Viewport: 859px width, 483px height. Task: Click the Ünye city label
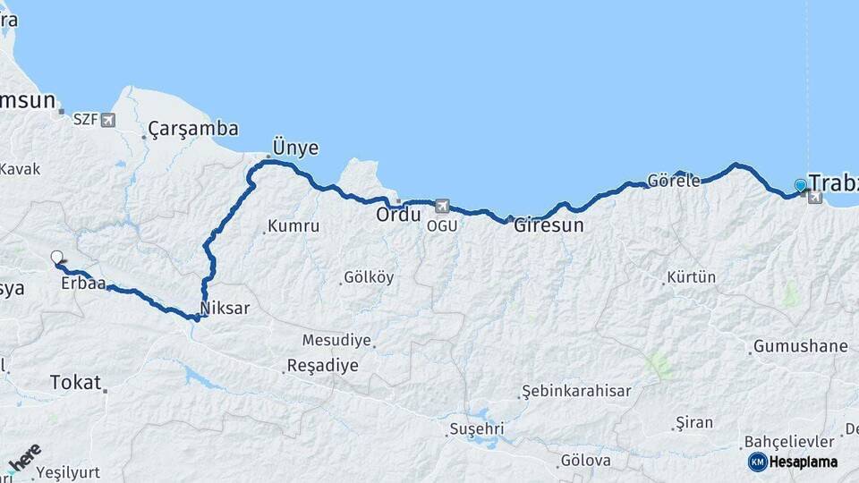[296, 148]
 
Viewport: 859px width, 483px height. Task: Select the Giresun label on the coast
[549, 226]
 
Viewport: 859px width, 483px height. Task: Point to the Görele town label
[674, 181]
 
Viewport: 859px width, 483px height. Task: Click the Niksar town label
[225, 309]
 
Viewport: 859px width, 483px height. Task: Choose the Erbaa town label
[84, 284]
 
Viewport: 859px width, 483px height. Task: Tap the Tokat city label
[75, 382]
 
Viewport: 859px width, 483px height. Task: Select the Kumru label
[293, 226]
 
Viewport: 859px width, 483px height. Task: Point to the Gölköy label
[369, 277]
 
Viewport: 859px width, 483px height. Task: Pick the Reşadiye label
[322, 366]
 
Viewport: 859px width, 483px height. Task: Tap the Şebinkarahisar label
[577, 391]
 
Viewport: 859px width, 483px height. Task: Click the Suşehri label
[477, 429]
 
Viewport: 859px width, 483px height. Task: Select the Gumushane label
[800, 346]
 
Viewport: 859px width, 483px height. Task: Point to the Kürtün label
[692, 277]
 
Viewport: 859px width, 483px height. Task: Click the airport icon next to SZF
[108, 119]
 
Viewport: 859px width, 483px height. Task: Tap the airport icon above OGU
[440, 207]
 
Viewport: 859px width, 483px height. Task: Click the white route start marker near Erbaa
[57, 258]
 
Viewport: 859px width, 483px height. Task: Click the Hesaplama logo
[794, 462]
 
